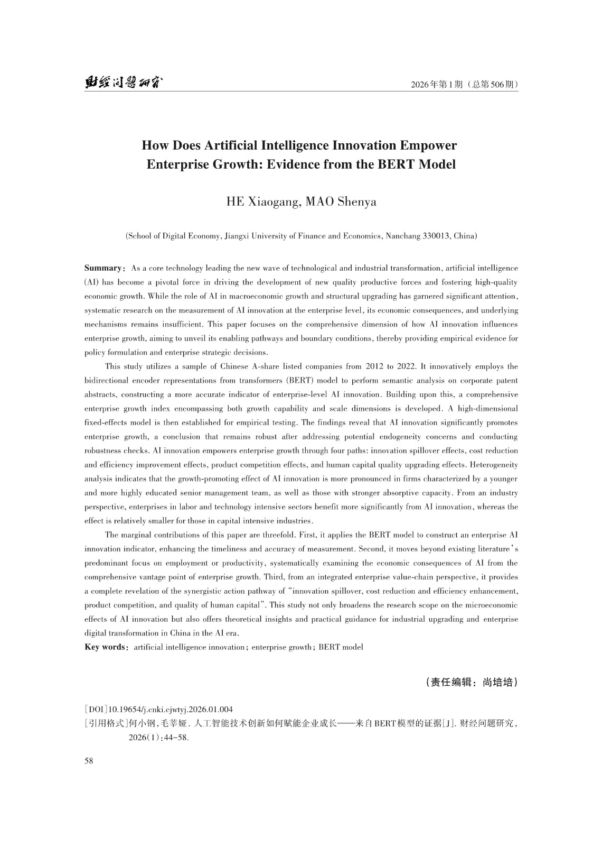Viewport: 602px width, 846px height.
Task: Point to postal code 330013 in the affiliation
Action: coord(435,236)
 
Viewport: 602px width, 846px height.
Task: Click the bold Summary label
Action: coord(104,269)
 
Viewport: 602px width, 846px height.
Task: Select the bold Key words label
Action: coord(105,647)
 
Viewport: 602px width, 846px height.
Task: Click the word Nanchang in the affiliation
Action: coord(403,236)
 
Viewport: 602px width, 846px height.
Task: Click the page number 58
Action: coord(89,761)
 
